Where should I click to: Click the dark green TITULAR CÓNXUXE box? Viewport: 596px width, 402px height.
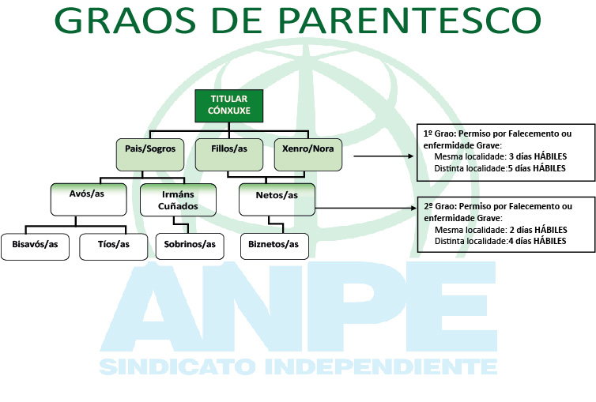[228, 106]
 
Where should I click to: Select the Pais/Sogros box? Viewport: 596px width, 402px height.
[150, 155]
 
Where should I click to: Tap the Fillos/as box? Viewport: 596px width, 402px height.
[229, 155]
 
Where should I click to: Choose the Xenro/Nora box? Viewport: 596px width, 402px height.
[308, 155]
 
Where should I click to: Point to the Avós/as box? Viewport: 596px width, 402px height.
[89, 200]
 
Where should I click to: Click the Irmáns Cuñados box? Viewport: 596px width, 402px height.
[179, 200]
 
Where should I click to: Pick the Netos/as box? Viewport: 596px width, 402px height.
[277, 200]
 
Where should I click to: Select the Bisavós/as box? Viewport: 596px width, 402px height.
[35, 246]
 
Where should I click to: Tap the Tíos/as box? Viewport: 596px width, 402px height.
[114, 246]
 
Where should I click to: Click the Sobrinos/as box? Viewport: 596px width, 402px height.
[190, 246]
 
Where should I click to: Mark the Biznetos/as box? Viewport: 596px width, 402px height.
[274, 246]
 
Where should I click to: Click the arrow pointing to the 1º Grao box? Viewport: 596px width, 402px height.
[383, 156]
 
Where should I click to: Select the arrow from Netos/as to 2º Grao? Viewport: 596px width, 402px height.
[367, 208]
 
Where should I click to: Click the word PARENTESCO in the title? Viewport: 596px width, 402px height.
[409, 20]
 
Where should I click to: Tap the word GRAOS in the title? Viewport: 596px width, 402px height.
[125, 20]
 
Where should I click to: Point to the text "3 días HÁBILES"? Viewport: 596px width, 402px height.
[538, 156]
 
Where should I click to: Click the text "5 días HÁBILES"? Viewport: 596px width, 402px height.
[537, 168]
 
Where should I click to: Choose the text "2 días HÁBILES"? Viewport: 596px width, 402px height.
[538, 230]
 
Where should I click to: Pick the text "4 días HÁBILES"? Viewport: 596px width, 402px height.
[537, 241]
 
